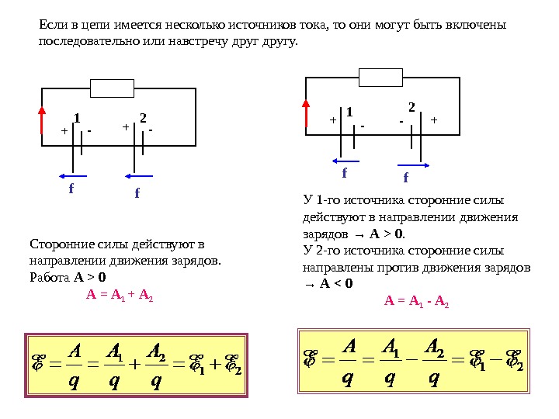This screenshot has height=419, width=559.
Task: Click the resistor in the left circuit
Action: click(112, 88)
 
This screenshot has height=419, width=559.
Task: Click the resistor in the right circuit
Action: click(380, 77)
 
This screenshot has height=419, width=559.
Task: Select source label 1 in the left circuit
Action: click(77, 118)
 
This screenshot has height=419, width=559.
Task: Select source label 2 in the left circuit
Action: click(143, 118)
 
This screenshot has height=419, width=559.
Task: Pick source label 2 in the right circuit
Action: click(411, 105)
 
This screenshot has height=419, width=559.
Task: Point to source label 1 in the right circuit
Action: click(349, 112)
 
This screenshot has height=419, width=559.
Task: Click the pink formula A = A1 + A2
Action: click(120, 296)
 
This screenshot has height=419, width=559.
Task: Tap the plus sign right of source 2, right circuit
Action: click(434, 120)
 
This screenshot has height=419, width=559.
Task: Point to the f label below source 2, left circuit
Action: click(137, 192)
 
